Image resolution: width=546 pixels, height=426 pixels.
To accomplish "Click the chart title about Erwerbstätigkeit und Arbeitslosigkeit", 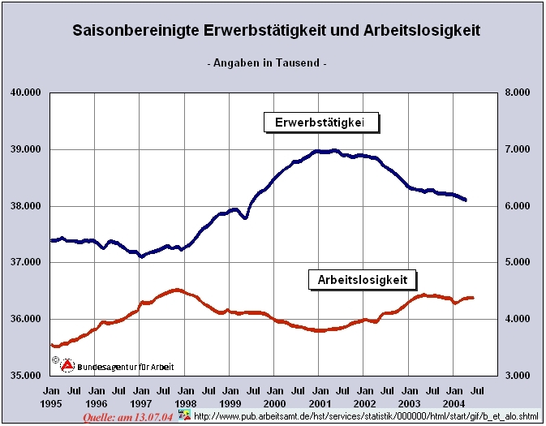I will click(276, 31).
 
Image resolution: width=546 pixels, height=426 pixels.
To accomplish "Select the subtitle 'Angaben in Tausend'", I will click(268, 62).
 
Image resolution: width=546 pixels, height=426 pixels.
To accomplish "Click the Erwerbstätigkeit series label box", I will click(322, 123).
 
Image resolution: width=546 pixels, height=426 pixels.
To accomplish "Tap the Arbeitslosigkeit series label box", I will click(363, 280).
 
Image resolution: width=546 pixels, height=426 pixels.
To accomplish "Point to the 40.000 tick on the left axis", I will click(25, 93).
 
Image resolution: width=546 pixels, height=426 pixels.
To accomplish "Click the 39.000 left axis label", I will click(25, 149).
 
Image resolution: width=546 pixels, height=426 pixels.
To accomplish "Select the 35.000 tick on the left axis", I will click(25, 376).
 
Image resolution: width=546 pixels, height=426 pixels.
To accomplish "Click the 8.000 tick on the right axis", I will click(517, 93).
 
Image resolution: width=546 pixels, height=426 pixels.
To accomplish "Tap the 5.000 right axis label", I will click(517, 262).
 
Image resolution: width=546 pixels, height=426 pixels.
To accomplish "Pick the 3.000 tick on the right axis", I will click(517, 376).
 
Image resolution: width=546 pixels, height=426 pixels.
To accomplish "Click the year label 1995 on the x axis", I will click(50, 403).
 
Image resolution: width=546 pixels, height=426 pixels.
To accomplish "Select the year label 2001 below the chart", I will click(320, 403).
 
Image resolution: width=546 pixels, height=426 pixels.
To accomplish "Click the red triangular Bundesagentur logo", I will click(69, 365).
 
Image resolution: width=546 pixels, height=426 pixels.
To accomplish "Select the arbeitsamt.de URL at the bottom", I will click(363, 416).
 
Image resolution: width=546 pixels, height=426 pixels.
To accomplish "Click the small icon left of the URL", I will click(185, 415).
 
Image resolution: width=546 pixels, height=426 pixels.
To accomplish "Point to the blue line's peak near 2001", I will click(334, 150).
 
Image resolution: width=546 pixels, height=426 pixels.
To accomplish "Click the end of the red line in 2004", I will click(473, 298).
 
